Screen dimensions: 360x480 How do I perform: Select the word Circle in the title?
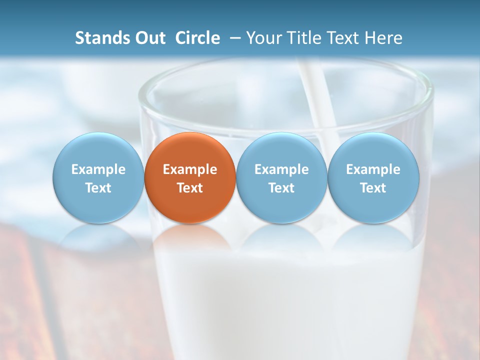197,38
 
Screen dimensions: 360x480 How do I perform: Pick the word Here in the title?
384,38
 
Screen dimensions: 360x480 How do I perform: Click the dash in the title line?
233,38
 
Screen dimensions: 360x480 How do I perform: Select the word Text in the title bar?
344,38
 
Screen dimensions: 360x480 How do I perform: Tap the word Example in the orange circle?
190,169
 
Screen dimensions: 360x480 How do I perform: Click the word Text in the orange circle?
190,188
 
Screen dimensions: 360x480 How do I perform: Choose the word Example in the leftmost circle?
98,169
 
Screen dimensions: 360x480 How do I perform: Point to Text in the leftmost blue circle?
98,188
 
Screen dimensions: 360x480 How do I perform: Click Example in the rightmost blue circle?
373,169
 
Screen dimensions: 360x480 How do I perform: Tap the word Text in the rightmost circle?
373,188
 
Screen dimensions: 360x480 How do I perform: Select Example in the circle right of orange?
281,169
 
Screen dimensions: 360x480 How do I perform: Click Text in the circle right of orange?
281,188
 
